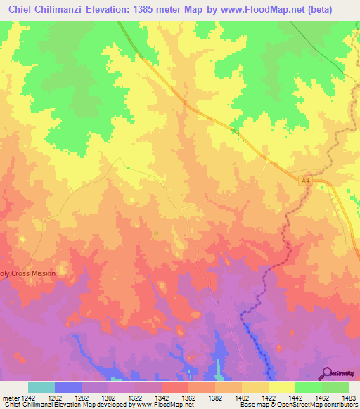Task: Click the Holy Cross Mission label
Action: [27, 273]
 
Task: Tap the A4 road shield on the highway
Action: [305, 181]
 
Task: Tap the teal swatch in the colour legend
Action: [41, 387]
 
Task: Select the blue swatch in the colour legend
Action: [68, 387]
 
